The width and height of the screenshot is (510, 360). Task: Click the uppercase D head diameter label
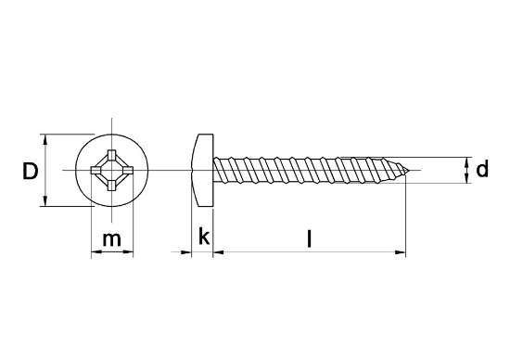click(30, 172)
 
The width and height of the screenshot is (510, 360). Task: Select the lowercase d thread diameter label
click(482, 170)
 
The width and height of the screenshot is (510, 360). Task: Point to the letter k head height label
click(203, 238)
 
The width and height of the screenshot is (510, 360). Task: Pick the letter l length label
click(309, 238)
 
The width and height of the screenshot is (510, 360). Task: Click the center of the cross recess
click(111, 171)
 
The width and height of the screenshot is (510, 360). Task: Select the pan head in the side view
click(203, 171)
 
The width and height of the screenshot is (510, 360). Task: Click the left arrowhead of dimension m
click(94, 252)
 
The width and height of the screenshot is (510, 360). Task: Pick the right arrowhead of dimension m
click(129, 252)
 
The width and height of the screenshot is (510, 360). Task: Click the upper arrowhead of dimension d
click(466, 160)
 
